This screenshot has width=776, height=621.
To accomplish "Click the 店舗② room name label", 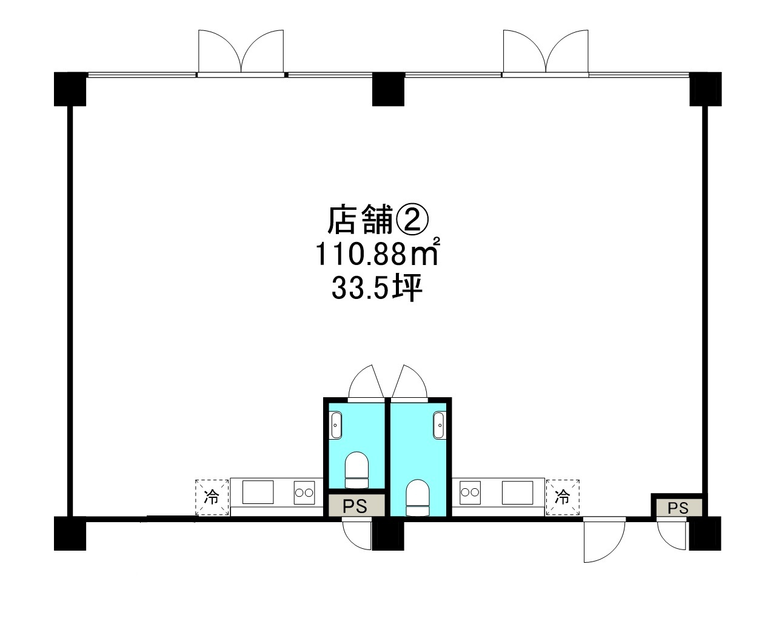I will coord(378,220).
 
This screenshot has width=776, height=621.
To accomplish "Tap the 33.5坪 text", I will coord(376,290).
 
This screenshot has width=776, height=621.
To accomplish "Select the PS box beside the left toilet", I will coord(356,506).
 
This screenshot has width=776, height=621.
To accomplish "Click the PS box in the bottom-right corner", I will coord(678,508).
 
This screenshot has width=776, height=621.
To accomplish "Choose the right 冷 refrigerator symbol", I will coord(563,497).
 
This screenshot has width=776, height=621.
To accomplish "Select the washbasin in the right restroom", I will coord(440,425).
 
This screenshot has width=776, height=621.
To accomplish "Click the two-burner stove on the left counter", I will coord(306,492).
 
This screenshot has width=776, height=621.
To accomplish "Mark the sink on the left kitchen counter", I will coord(258,491).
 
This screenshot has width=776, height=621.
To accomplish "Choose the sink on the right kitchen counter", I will coord(518,491).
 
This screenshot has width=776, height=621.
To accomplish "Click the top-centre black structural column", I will coord(388,89).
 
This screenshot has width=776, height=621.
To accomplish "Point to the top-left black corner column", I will coord(70,89).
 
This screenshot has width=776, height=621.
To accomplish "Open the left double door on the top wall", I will coord(241,53).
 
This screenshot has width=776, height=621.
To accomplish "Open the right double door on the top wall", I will coord(546,53).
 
